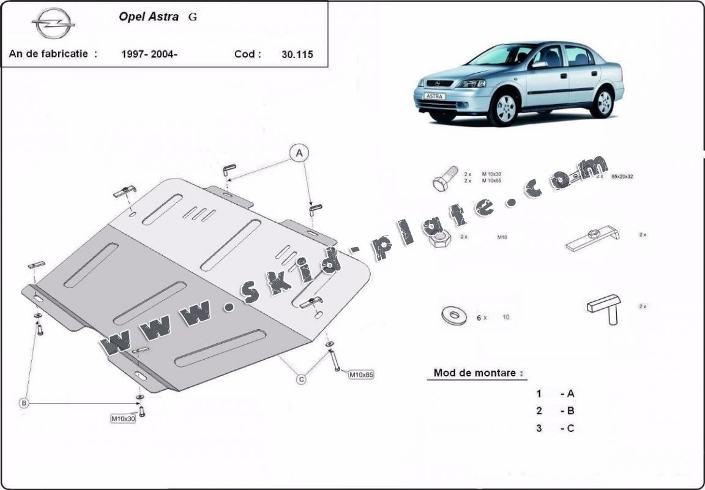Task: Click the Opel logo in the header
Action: pos(53,24)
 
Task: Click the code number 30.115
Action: pos(297,54)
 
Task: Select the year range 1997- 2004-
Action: pos(150,54)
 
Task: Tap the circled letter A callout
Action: pos(299,153)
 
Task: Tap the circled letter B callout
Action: pos(24,403)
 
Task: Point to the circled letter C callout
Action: pos(301,380)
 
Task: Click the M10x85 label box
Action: pos(361,374)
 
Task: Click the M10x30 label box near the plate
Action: pos(122,418)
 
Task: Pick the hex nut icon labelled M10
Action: pos(440,239)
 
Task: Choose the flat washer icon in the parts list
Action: pos(453,316)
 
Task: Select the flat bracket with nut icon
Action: pos(592,239)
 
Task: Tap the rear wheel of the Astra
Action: pos(603,102)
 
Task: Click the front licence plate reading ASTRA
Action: pos(435,96)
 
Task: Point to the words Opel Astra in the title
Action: pos(149,17)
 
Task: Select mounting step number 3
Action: pos(539,428)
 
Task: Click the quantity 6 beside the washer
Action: pos(479,317)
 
